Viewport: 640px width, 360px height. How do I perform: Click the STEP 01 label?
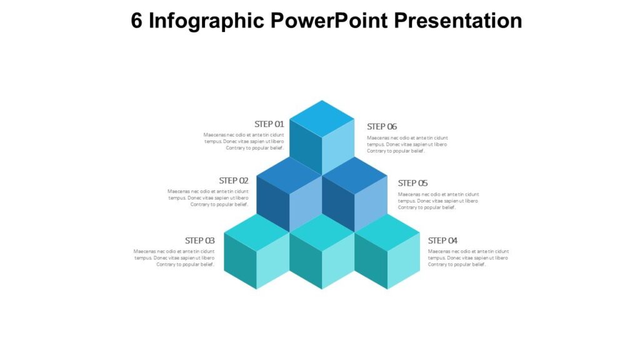click(x=269, y=124)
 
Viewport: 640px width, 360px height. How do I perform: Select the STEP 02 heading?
click(x=234, y=181)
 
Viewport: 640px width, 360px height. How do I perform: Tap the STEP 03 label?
click(x=200, y=241)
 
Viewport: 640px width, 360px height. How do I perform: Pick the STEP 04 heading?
click(x=442, y=241)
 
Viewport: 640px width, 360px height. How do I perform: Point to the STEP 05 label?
click(x=412, y=183)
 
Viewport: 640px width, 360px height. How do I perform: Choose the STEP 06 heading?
click(x=382, y=126)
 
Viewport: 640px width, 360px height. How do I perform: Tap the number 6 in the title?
click(x=137, y=21)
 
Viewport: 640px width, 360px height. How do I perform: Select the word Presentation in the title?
click(x=459, y=21)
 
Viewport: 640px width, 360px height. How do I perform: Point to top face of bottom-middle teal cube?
click(x=322, y=232)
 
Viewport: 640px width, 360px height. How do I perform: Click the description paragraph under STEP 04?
click(x=468, y=257)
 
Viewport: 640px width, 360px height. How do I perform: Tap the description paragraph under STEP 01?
click(x=244, y=141)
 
